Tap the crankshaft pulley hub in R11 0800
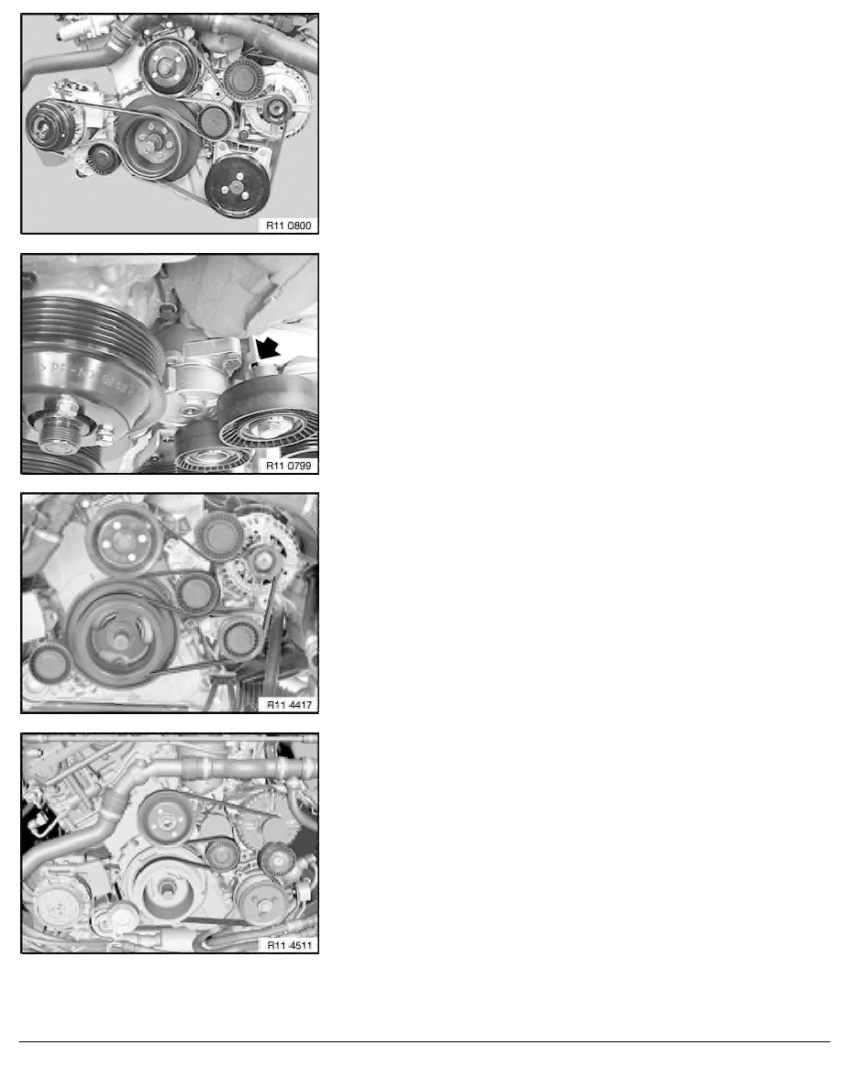tap(150, 144)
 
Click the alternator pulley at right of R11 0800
tap(275, 110)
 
